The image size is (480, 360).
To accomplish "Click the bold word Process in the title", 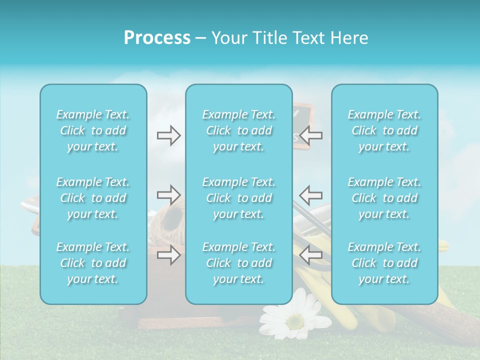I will tap(157, 38).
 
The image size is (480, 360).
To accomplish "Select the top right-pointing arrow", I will tap(168, 135).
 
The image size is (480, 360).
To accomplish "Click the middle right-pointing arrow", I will tap(168, 194).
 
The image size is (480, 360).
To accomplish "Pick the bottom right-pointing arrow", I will tap(168, 254).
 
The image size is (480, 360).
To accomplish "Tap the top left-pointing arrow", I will tap(311, 135).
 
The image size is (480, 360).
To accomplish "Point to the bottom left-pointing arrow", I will tap(311, 254).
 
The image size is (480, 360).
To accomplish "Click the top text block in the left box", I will tap(93, 130).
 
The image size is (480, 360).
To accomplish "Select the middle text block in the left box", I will tap(93, 198).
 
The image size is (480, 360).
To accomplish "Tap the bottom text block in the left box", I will tap(93, 263).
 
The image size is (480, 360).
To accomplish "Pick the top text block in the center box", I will tap(239, 130).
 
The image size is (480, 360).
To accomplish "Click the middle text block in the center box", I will tap(239, 198).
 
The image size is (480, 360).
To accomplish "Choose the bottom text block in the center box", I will tap(239, 263).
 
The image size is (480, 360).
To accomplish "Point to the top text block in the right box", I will tap(384, 130).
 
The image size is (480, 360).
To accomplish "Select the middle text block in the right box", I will tap(384, 198).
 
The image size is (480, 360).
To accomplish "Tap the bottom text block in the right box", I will tap(384, 263).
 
